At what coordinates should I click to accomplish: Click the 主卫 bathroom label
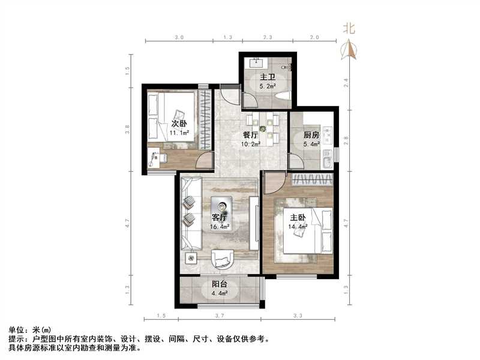tap(267, 77)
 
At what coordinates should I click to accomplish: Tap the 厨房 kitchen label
tap(310, 135)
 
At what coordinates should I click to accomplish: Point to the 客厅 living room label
tap(219, 217)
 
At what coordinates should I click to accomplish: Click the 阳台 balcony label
tap(219, 284)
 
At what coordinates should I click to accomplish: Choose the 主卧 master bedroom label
tap(298, 218)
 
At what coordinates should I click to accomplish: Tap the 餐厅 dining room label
tap(250, 135)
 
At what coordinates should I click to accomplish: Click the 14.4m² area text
tap(298, 227)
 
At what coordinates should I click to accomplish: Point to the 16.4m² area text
tap(219, 227)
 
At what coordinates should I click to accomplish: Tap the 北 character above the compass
tap(349, 28)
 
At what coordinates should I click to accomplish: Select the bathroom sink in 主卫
tap(257, 61)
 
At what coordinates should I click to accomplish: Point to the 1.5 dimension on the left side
tap(127, 68)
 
